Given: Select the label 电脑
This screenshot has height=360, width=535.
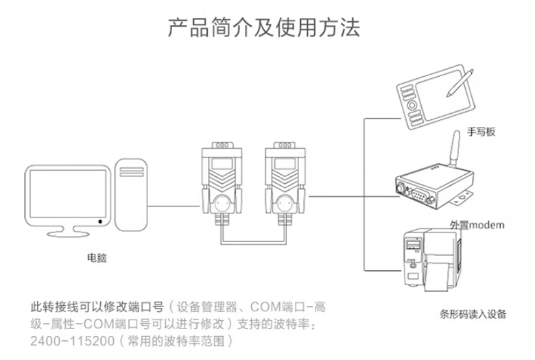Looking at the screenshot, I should (97, 259).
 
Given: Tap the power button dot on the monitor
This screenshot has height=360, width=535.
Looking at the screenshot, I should (101, 221).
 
